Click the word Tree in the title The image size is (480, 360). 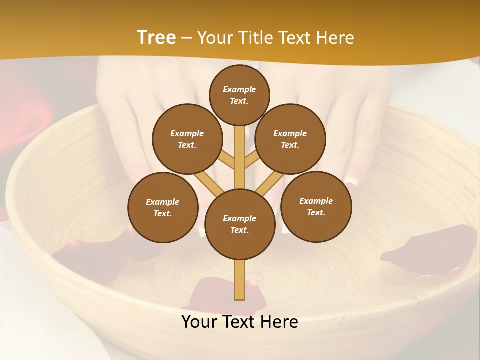(x=156, y=37)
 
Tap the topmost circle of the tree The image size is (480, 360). (x=239, y=95)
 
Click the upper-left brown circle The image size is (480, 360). (x=187, y=139)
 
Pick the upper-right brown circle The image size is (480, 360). (x=290, y=139)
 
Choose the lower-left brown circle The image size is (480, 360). (x=163, y=207)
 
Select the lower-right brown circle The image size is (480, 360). (x=316, y=206)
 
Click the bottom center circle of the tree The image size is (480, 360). (x=240, y=224)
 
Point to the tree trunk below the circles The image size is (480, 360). (x=240, y=280)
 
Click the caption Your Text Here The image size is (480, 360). (x=240, y=322)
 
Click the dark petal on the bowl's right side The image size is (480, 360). (x=430, y=250)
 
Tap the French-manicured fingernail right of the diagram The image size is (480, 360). (x=354, y=175)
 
